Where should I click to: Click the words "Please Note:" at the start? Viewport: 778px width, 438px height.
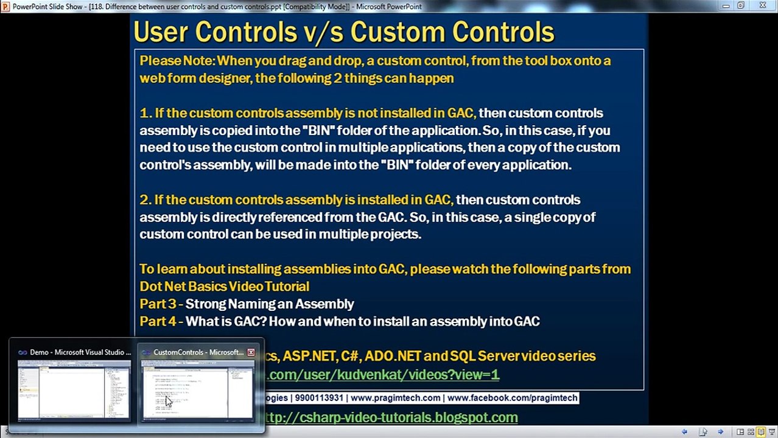[177, 61]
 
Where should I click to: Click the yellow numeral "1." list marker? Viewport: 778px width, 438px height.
[145, 113]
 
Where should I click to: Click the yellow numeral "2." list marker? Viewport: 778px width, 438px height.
[145, 200]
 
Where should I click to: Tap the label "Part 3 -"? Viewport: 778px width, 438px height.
[161, 304]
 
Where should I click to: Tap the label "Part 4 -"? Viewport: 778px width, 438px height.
[161, 322]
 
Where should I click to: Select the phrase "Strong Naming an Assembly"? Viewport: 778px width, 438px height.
[270, 304]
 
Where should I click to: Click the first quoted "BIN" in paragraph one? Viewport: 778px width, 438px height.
[315, 131]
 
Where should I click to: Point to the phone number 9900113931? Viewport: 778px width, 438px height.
[319, 398]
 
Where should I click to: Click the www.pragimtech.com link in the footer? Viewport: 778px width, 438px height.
[395, 398]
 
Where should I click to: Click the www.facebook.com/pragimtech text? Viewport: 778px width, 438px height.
[512, 398]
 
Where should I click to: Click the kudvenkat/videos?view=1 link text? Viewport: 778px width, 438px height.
[384, 375]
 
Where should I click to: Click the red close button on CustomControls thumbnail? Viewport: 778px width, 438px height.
[251, 352]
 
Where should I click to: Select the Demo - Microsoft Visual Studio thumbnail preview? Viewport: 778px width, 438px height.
[74, 389]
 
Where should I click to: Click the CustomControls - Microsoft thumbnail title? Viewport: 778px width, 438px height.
[198, 352]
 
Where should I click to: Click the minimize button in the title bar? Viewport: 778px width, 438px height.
[726, 5]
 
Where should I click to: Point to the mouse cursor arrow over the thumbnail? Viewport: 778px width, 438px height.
[167, 399]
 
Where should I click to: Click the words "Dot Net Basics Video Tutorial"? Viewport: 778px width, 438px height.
[224, 287]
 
